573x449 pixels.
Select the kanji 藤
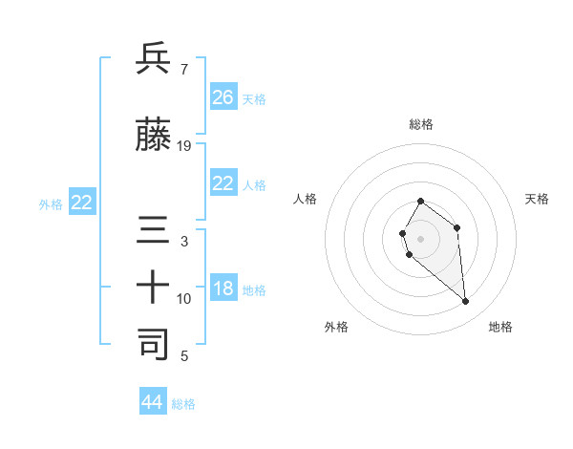coord(154,137)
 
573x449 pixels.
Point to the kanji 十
coord(154,288)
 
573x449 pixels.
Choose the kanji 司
coord(154,344)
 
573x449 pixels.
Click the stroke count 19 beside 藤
coord(184,146)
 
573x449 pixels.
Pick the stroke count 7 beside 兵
coord(183,69)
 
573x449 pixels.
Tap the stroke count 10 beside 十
coord(184,299)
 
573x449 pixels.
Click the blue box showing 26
coord(223,96)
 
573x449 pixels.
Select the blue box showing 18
coord(223,289)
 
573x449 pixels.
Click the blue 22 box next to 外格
coord(82,203)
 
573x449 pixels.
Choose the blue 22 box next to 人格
coord(223,184)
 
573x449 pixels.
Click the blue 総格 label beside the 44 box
coord(183,404)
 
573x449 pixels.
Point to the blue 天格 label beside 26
coord(254,98)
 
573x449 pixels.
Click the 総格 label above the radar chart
coord(421,124)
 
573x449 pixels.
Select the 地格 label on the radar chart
coord(500,327)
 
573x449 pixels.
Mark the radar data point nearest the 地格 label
coord(466,302)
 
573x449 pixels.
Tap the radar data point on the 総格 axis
coord(421,202)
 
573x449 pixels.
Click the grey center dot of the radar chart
coord(421,238)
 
